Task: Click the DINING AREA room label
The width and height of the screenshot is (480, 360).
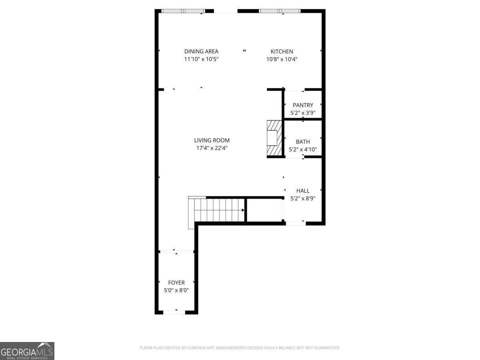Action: tap(201, 51)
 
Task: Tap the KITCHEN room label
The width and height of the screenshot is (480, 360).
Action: tap(282, 52)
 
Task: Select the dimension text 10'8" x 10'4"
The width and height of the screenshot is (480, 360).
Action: tap(282, 59)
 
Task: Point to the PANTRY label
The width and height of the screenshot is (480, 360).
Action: tap(303, 105)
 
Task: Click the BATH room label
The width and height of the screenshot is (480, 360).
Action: tap(303, 142)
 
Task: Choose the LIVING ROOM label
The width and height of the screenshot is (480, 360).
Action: tap(212, 140)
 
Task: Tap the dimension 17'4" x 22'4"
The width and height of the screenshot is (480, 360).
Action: tap(212, 148)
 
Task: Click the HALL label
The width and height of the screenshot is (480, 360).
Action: tap(303, 191)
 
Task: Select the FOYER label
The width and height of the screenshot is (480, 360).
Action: tap(176, 283)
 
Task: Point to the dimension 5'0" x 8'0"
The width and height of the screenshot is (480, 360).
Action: tap(176, 290)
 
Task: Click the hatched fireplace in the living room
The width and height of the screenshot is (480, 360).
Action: tap(274, 138)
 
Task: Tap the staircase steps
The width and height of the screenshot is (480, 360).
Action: tap(219, 210)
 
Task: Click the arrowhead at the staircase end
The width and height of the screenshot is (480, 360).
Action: tap(243, 210)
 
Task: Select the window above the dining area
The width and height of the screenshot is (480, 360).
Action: tap(183, 11)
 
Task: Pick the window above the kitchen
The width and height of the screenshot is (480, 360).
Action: tap(280, 11)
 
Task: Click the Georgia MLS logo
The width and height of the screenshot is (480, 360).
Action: tap(27, 351)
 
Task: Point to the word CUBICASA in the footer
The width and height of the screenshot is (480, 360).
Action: tap(196, 348)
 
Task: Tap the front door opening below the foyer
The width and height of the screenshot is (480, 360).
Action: tap(174, 312)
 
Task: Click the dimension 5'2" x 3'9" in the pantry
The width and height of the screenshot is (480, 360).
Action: tap(303, 113)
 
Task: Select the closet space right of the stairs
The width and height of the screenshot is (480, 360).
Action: tap(264, 210)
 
